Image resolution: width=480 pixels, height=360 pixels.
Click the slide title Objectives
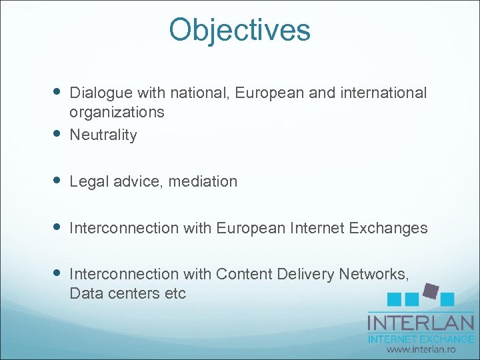pos(239,30)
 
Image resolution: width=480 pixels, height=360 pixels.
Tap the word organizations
pos(117,112)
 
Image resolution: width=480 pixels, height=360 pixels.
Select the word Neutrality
pos(103,135)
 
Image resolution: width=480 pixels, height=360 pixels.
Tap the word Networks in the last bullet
pos(373,274)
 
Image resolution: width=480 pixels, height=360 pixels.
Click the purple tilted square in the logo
pos(431,291)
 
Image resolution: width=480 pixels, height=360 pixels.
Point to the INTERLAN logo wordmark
pos(421,323)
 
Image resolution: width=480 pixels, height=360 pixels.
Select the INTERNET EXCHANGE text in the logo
pos(421,339)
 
